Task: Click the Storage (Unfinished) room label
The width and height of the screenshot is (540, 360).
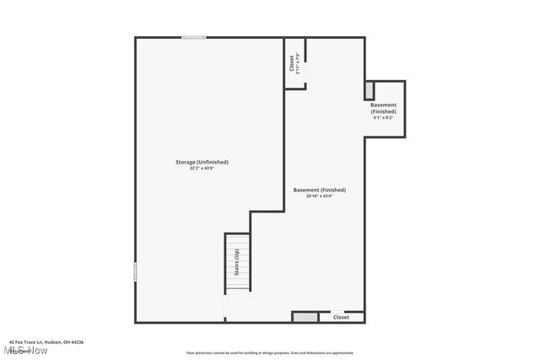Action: tap(202, 162)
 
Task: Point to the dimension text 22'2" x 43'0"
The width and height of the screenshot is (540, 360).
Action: tap(202, 169)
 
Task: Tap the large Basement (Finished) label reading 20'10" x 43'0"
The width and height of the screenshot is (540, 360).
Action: tap(319, 191)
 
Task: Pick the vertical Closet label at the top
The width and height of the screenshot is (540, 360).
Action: tap(292, 63)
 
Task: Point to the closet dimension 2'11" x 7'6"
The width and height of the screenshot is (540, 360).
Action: tap(299, 63)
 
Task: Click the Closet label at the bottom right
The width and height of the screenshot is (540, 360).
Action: tap(341, 317)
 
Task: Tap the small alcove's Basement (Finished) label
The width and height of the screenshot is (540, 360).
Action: tap(383, 108)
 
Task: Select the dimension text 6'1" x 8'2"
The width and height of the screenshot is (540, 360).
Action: tap(383, 117)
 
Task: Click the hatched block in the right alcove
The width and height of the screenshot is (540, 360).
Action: tap(369, 89)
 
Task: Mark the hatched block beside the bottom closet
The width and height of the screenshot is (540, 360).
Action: tap(305, 317)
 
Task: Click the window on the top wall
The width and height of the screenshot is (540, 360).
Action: tap(193, 37)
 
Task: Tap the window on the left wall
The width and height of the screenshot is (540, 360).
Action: tap(135, 271)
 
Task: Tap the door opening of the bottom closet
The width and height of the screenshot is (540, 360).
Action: tap(337, 312)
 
